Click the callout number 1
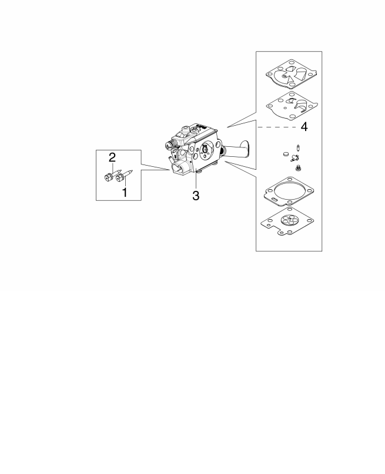125,192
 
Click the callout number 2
112,157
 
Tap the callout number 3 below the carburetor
196,196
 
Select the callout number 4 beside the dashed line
304,127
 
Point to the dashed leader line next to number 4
277,127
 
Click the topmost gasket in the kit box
292,74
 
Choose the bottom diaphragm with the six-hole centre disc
287,221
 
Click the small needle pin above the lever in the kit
299,148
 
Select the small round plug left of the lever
286,154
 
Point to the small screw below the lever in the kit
297,167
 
